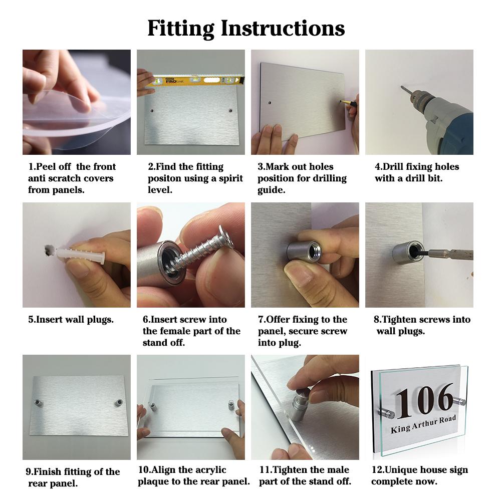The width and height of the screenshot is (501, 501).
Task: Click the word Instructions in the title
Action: tap(283, 29)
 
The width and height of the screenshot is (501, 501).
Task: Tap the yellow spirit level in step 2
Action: tap(195, 81)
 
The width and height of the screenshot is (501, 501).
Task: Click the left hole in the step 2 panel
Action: tap(152, 111)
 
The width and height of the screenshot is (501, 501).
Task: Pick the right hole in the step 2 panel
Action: tap(230, 111)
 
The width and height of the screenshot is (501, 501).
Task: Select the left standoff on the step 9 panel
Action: tap(39, 402)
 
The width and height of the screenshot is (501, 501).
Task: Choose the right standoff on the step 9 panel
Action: tap(119, 402)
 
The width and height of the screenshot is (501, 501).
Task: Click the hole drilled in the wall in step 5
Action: tap(49, 250)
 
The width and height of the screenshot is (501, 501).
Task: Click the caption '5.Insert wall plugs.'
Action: tap(71, 320)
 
